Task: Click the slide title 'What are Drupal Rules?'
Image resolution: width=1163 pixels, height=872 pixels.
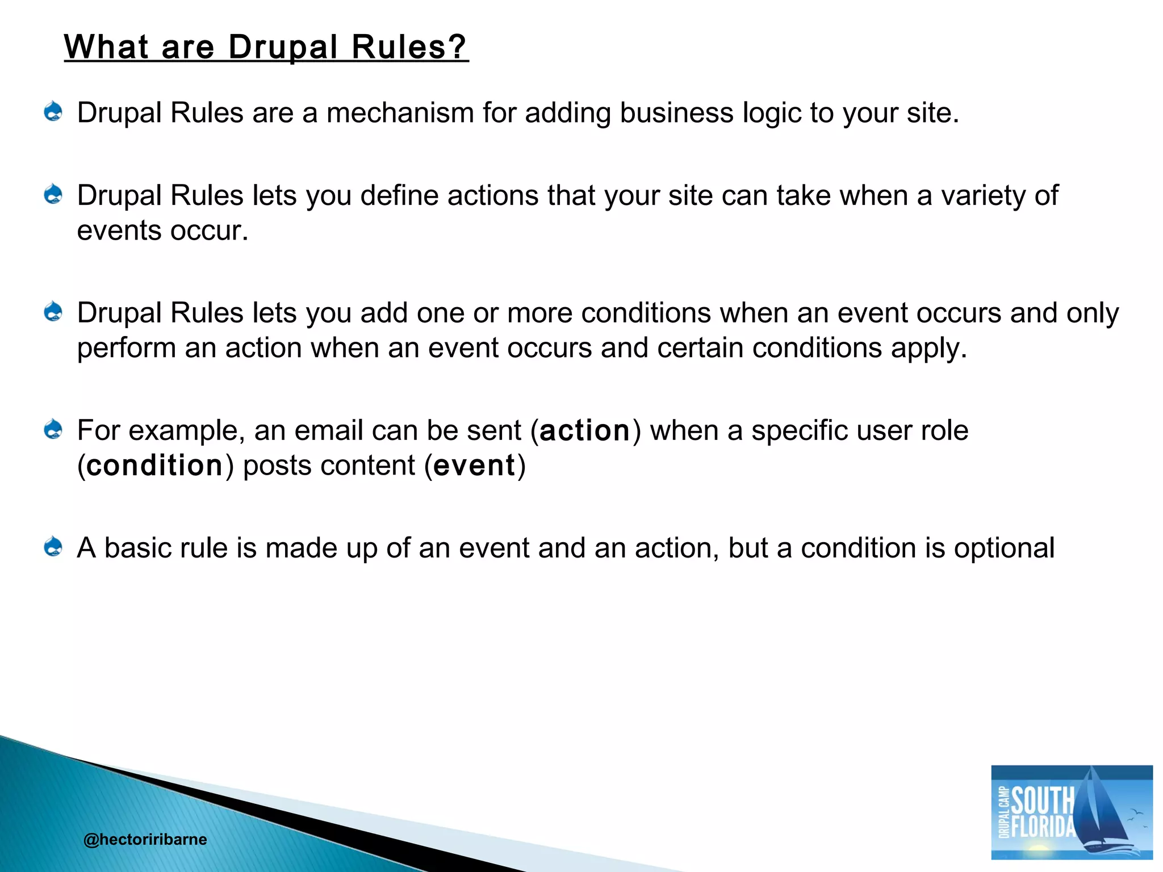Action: click(266, 47)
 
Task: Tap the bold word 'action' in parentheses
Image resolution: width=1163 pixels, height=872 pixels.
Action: click(585, 431)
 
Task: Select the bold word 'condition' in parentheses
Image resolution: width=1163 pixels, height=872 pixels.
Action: click(154, 466)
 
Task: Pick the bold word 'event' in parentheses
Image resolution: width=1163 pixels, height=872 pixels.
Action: click(474, 466)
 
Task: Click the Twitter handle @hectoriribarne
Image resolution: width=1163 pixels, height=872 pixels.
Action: click(145, 839)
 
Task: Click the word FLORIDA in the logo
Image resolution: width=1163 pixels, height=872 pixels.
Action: click(1044, 827)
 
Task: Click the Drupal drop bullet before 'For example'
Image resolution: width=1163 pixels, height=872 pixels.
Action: click(53, 429)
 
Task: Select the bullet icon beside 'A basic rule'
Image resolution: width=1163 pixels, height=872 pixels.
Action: click(53, 547)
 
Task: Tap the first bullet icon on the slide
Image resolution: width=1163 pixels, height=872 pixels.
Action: click(53, 111)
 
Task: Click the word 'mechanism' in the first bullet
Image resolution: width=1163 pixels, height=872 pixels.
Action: click(400, 113)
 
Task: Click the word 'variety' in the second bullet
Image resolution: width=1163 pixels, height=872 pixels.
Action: click(983, 196)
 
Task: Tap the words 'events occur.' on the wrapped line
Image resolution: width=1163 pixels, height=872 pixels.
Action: click(163, 231)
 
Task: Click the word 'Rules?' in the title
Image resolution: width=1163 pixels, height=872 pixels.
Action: click(409, 47)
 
